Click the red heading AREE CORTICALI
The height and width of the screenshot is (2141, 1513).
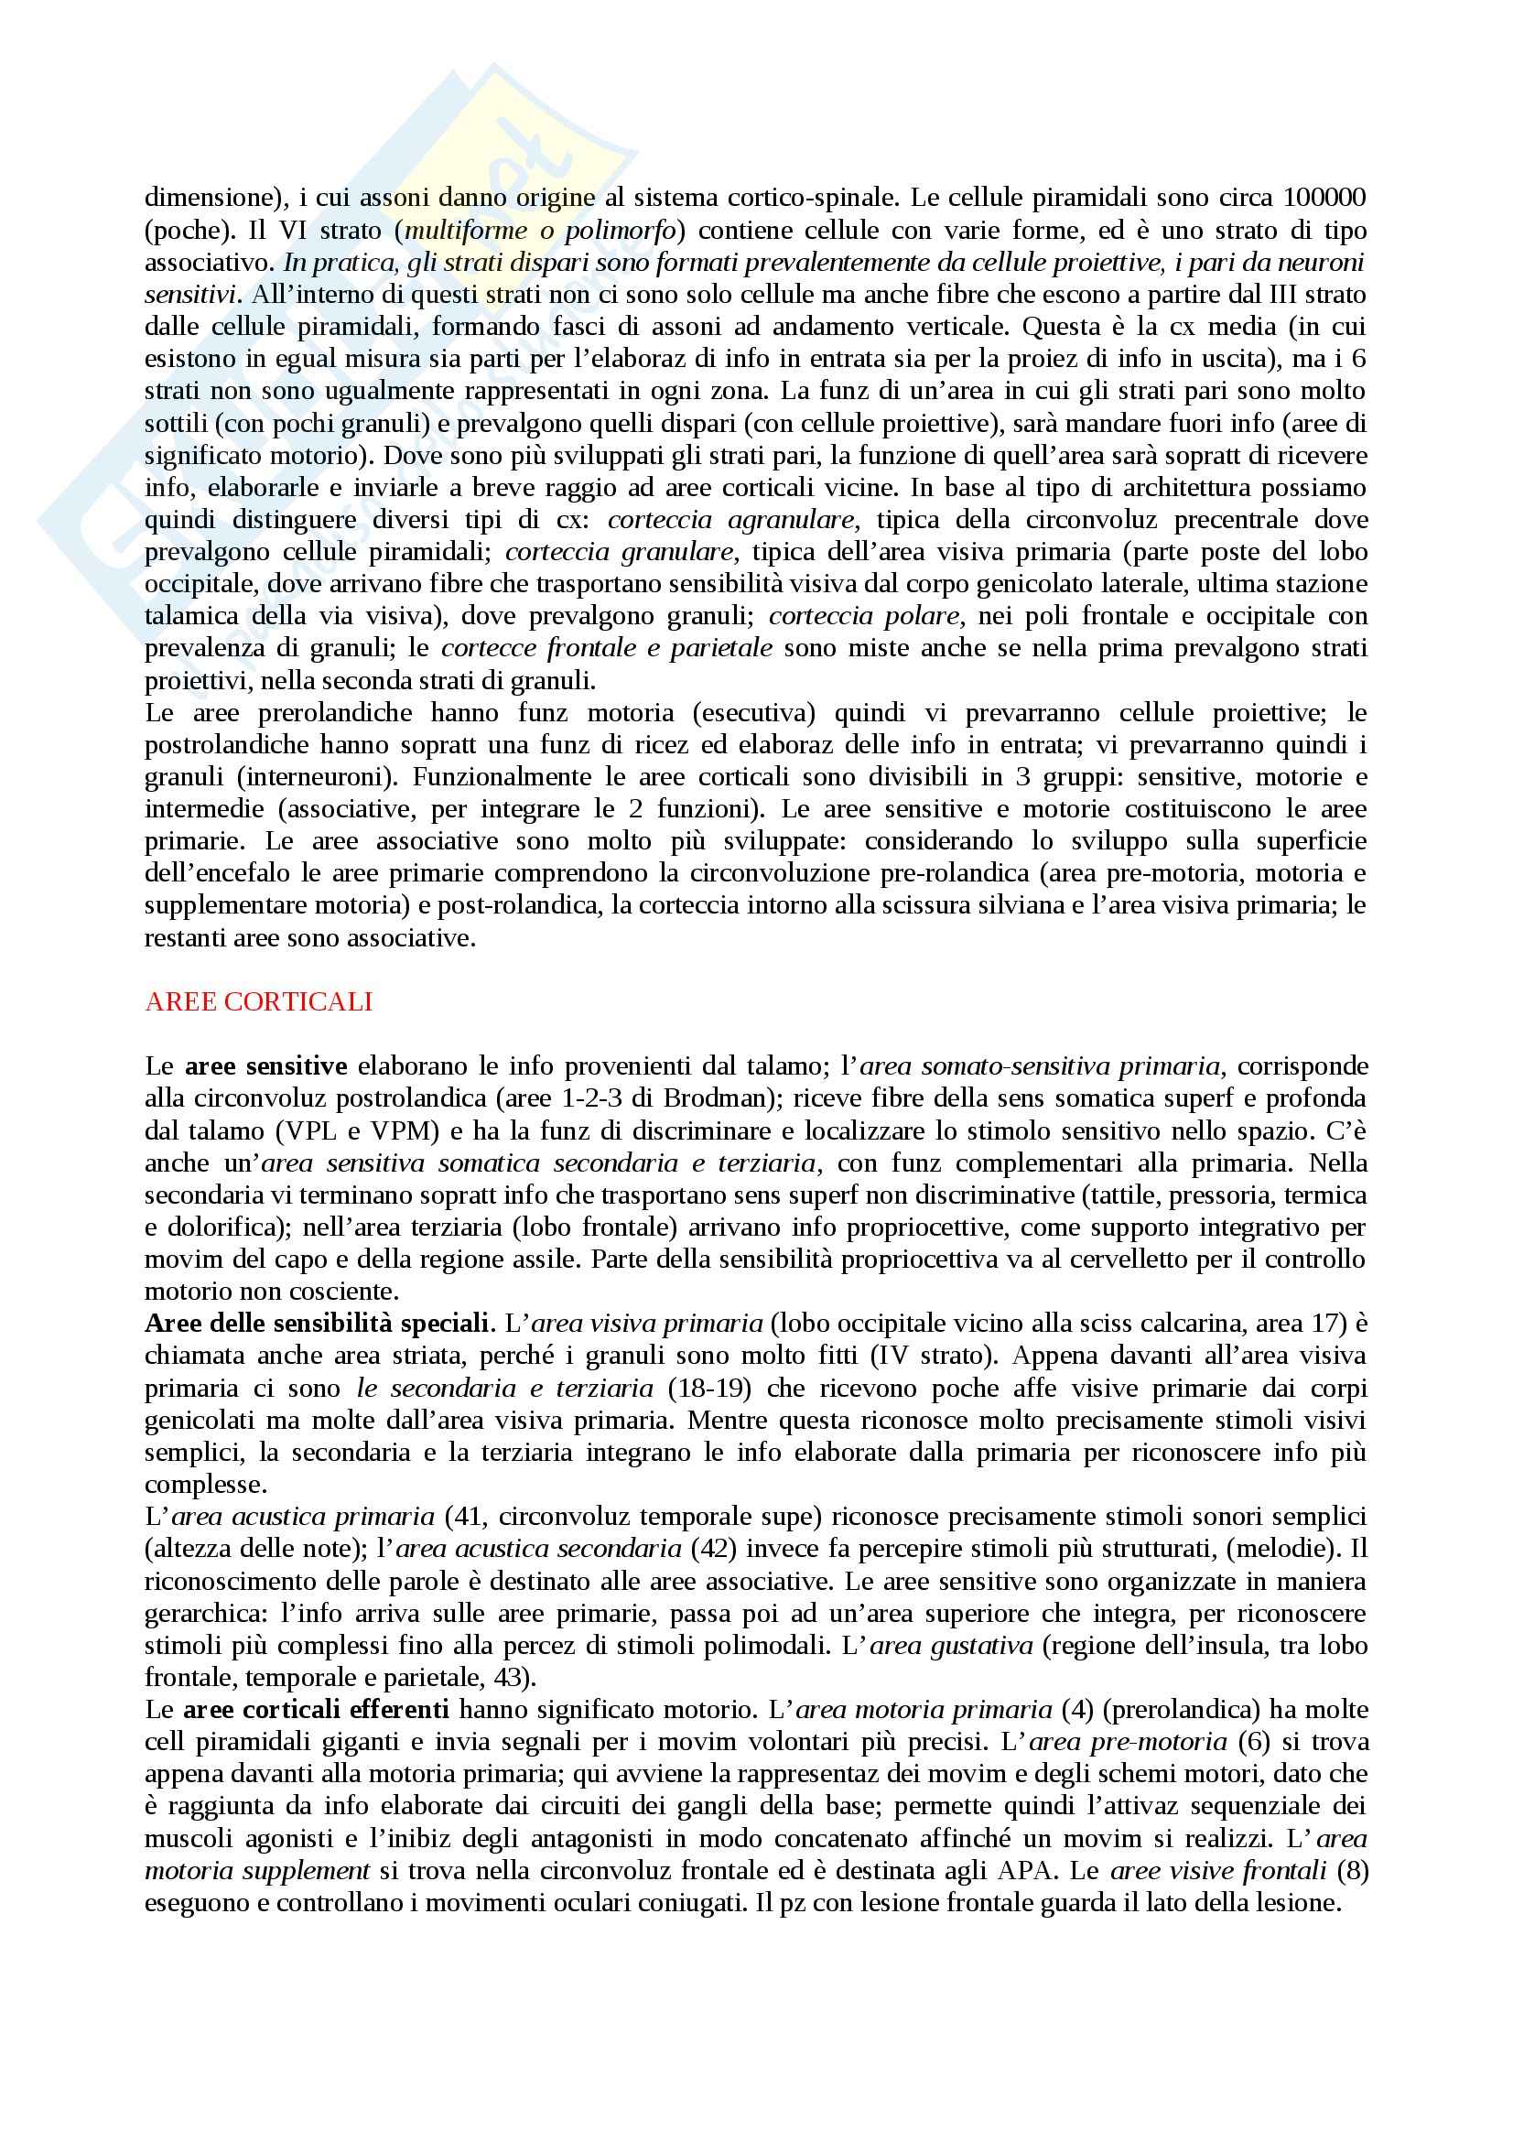click(x=258, y=1001)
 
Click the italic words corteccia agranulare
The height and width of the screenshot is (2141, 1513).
click(x=732, y=519)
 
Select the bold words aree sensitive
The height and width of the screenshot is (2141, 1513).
click(x=266, y=1065)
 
